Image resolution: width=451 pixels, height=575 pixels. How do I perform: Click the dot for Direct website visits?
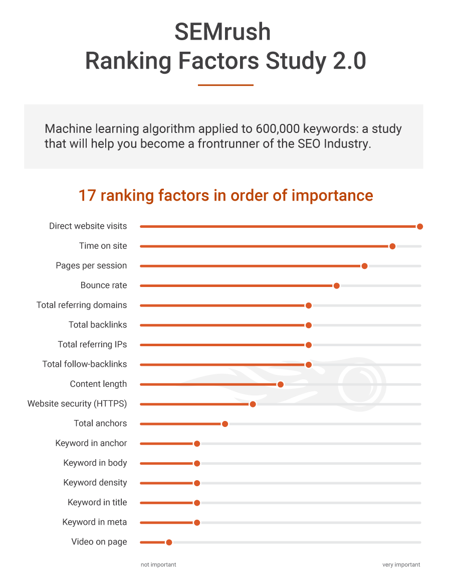coord(420,227)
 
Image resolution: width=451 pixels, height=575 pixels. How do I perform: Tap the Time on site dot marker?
coord(392,246)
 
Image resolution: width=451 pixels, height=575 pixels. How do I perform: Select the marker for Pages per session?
coord(364,266)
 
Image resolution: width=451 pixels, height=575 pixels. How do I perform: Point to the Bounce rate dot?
coord(336,285)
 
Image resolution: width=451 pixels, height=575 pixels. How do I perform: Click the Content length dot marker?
coord(280,384)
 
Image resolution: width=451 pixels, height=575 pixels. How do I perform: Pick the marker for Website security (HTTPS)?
coord(253,404)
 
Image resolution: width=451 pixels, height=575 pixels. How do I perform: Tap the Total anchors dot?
coord(225,424)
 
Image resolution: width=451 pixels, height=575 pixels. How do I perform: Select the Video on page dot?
coord(169,542)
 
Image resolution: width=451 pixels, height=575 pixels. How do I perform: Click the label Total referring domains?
coord(82,305)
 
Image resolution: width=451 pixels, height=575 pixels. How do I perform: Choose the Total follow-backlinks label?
coord(85,364)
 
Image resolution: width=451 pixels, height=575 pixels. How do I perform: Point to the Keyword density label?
coord(95,483)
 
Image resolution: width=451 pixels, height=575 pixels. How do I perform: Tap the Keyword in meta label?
coord(95,522)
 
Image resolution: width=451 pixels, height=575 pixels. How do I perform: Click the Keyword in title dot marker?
coord(197,503)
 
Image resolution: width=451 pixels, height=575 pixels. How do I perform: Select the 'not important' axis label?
coord(158,565)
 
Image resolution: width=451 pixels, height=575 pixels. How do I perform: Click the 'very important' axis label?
coord(401,565)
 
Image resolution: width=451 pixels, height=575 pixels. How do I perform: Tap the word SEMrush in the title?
coord(222,32)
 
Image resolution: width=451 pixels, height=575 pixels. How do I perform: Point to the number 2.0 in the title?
coord(349,61)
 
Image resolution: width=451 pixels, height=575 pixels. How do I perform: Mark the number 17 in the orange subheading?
coord(87,196)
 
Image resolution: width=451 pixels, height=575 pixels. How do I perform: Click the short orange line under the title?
coord(225,85)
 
